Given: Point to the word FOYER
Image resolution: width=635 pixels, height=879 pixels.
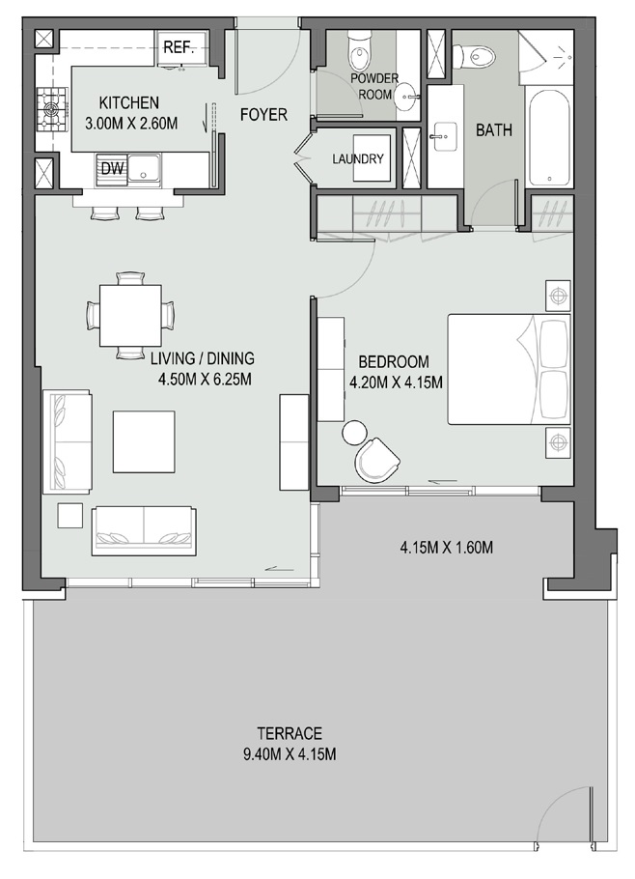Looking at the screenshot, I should coord(263,115).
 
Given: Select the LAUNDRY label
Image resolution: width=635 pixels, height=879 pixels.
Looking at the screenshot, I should coord(358,160).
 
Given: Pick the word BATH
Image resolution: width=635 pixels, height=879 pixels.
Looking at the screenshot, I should coord(493,130).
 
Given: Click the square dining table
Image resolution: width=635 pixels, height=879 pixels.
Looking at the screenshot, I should coord(130,315).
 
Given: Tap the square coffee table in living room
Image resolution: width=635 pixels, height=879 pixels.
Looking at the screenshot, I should coord(144,441).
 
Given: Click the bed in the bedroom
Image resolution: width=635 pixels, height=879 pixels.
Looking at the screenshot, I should coord(508,368).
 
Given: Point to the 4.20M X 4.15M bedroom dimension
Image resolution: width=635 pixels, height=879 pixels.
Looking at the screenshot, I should coord(395,383).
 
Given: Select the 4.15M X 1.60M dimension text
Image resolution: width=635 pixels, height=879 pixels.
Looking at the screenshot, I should coord(447,548).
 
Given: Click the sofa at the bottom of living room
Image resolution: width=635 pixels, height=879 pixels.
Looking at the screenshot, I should coord(143,530).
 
